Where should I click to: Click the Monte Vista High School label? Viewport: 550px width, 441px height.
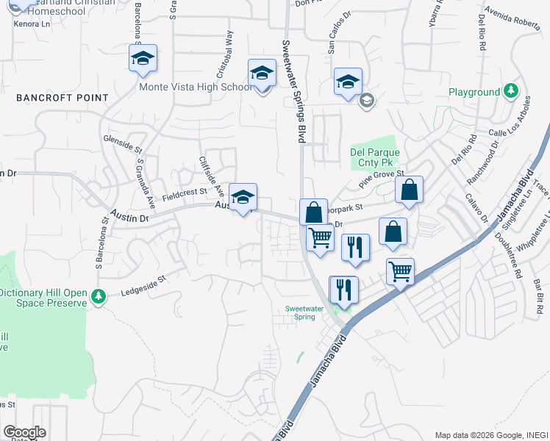[x=196, y=87]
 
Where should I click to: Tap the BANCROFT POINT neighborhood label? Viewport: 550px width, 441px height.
[x=62, y=98]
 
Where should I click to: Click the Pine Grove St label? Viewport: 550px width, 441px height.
[x=382, y=179]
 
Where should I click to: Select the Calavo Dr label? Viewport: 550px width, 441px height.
[x=476, y=208]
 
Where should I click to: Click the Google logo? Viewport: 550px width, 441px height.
[x=24, y=432]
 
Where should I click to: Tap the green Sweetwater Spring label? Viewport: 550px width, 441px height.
[x=300, y=312]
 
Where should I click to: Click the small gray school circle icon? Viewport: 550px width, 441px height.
[x=366, y=101]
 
